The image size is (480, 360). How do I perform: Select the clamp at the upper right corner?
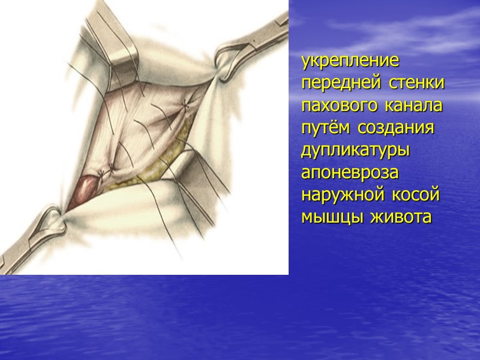tap(252, 48)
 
